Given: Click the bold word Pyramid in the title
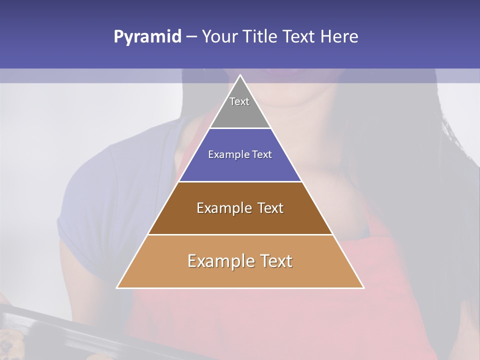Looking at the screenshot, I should [x=147, y=37].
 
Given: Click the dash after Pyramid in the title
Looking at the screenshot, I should [x=191, y=37].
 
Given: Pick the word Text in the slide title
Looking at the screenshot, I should [x=299, y=36].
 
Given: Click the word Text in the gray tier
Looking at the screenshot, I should [x=239, y=101].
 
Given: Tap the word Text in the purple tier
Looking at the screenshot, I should [x=262, y=154].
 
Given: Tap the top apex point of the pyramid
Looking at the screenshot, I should [x=240, y=75].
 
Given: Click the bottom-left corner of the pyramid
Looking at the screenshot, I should [x=117, y=288].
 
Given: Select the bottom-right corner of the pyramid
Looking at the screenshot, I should [x=363, y=288].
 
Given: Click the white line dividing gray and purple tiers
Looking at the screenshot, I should [x=240, y=128].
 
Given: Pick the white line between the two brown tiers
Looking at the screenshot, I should [x=240, y=234].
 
